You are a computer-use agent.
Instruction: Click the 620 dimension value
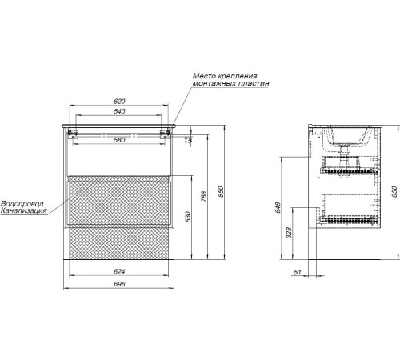119,102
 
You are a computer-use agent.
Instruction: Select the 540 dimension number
119,111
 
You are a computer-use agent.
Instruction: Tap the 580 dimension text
119,140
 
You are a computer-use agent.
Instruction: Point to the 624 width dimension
119,271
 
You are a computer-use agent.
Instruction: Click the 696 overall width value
119,284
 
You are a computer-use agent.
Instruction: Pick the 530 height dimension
188,217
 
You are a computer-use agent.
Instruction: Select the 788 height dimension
204,196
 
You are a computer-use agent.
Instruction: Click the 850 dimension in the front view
221,191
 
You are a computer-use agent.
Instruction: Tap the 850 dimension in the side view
394,191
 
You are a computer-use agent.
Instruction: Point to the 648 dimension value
278,207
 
